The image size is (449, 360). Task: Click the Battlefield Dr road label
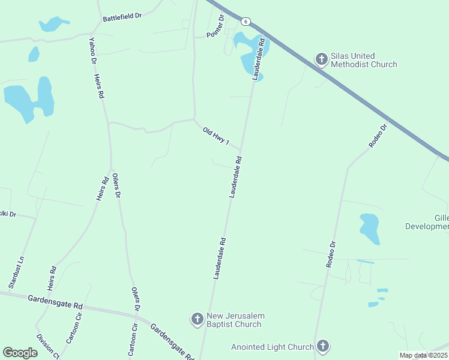point(122,18)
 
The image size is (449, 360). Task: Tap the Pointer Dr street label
point(215,27)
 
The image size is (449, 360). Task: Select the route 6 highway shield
point(246,21)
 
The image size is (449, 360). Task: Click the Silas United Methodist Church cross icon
point(322,59)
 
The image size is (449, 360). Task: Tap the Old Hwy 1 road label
point(216,135)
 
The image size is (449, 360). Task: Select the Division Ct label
point(48,346)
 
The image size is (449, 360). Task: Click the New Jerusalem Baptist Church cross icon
point(197,319)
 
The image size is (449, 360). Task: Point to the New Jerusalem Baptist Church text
point(235,320)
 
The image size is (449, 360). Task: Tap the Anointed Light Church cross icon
point(323,346)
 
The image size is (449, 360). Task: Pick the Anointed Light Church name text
point(273,347)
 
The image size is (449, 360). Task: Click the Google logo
point(20,353)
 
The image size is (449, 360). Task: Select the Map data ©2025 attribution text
point(423,355)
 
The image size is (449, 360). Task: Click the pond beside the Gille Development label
point(370,229)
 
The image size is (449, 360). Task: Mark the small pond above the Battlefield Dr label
point(53,24)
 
